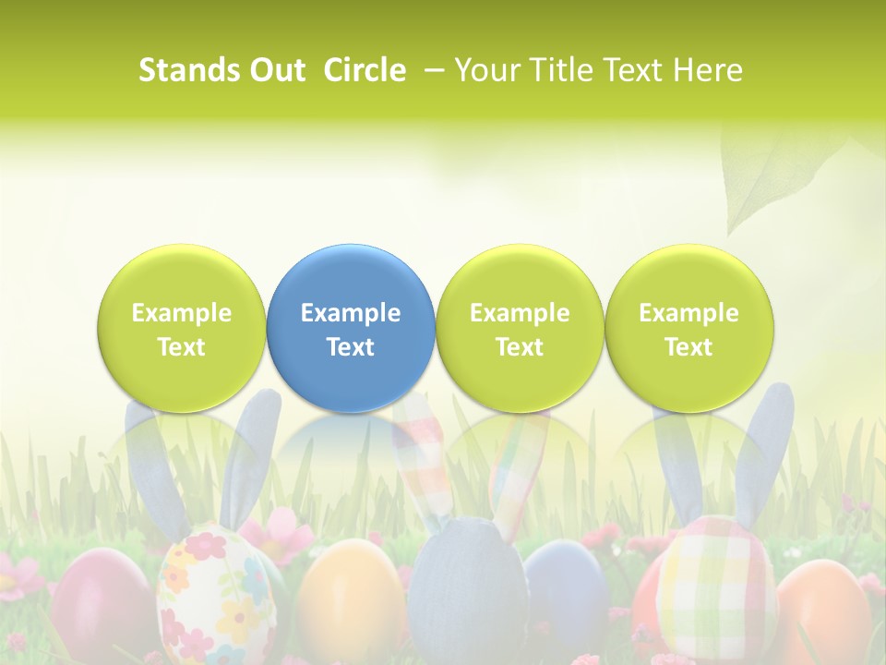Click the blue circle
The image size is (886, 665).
(x=351, y=328)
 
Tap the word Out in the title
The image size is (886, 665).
(x=277, y=70)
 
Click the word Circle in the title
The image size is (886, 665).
(x=365, y=70)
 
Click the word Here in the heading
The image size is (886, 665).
(x=707, y=70)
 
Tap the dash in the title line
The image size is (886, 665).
(x=433, y=70)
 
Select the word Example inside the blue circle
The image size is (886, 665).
(x=351, y=313)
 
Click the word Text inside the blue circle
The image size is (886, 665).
(x=351, y=347)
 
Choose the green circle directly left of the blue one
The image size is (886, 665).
(x=182, y=328)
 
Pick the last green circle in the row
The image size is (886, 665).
(x=689, y=328)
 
